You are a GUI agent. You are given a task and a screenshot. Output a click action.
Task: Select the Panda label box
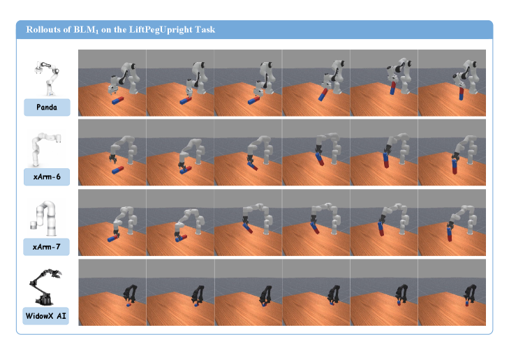(x=47, y=107)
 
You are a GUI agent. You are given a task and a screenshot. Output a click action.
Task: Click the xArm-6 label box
(x=47, y=177)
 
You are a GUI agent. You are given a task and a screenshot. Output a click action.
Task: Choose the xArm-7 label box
(x=46, y=247)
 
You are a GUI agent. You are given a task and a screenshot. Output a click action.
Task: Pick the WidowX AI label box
(x=46, y=316)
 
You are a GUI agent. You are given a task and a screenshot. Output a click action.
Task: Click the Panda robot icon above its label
(x=47, y=78)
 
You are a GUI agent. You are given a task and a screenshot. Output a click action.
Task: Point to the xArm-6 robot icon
(x=45, y=149)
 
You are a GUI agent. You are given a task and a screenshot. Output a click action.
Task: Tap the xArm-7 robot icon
(x=45, y=218)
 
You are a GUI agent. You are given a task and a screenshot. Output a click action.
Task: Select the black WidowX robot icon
(x=45, y=287)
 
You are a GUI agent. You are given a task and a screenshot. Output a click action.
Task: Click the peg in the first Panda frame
(x=118, y=100)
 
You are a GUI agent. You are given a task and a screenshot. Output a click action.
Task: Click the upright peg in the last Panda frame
(x=462, y=93)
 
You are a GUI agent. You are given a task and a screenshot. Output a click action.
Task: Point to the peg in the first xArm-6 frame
(x=117, y=170)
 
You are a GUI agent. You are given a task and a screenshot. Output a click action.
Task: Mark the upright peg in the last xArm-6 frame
(x=455, y=166)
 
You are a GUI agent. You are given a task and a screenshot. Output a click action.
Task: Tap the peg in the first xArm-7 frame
(x=113, y=239)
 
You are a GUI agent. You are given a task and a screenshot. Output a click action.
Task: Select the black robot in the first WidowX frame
(x=130, y=294)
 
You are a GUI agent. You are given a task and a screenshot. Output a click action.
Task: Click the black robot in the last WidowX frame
(x=470, y=294)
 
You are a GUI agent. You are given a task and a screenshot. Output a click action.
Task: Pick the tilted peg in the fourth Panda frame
(x=323, y=95)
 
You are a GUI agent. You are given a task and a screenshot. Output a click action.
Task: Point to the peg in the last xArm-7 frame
(x=449, y=234)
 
